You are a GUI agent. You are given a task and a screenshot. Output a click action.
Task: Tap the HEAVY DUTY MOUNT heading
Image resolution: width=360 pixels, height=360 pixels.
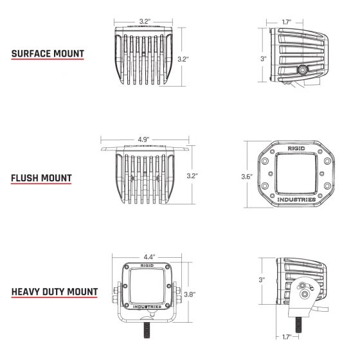55,292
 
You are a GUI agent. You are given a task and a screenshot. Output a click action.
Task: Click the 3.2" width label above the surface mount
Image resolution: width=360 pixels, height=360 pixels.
145,21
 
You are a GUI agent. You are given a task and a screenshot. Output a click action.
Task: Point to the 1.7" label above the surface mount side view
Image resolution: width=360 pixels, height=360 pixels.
288,22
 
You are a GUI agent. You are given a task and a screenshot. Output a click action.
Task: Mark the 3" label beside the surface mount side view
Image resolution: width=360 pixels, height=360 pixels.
263,59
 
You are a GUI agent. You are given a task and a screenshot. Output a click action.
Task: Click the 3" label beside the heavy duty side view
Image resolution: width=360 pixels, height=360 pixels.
262,280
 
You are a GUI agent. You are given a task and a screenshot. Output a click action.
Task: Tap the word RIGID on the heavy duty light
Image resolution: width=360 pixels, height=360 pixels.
147,264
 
